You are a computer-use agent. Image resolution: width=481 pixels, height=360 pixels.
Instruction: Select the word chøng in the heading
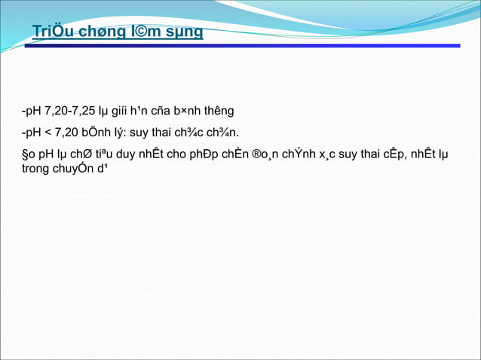[104, 32]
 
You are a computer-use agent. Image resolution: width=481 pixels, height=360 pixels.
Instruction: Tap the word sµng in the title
[185, 32]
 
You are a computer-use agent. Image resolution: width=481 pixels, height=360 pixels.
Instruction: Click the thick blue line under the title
[241, 46]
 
